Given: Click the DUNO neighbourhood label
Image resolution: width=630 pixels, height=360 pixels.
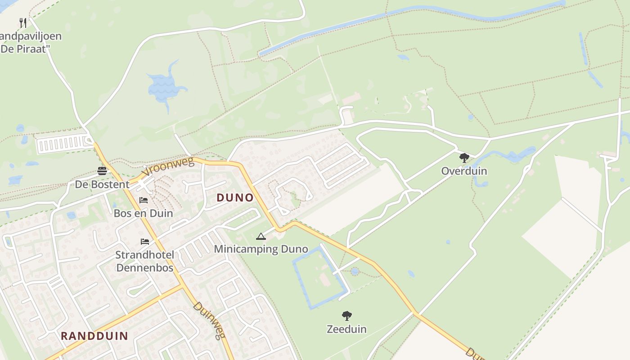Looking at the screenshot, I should point(235,198).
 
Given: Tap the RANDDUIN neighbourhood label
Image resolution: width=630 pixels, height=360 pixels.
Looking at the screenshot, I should point(94,336).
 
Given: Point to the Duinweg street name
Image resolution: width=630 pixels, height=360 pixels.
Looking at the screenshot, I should point(209,320).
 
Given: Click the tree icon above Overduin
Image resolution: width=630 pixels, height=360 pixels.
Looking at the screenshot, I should point(464,158).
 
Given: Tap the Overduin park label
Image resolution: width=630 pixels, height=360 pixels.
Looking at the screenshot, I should point(464,171).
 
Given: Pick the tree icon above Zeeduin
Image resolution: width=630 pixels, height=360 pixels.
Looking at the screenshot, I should point(346,316).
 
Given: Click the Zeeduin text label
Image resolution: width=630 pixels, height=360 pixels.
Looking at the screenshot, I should point(346,329).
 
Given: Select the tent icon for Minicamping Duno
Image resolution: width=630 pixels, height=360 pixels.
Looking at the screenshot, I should point(261,236).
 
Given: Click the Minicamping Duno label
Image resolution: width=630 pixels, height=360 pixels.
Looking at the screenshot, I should point(261,249).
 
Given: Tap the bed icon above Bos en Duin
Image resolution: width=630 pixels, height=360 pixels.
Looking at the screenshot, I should point(144,200).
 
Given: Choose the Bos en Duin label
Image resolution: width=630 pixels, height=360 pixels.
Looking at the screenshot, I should point(143,213).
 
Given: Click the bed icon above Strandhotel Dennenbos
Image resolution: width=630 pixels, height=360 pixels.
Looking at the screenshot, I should point(144,242).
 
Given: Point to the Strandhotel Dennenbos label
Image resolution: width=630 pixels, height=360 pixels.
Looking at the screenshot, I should point(144,261).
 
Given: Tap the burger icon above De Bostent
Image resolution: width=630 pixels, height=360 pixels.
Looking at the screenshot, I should point(102,171).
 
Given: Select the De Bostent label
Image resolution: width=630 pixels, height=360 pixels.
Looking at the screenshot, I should point(102,184).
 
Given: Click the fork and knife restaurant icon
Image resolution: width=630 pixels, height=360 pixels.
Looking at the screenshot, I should point(23,22).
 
